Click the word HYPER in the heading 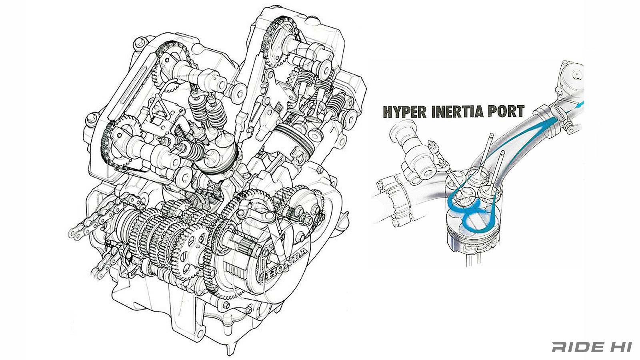point(405,112)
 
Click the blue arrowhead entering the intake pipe point(579,106)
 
